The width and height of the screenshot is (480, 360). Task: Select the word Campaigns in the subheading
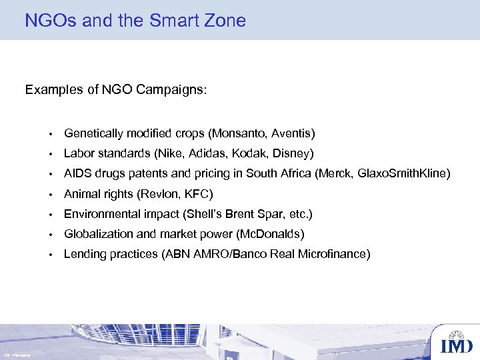[x=173, y=90]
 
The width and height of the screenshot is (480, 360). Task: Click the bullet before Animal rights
[x=50, y=195]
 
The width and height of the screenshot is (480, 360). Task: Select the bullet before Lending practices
[x=50, y=255]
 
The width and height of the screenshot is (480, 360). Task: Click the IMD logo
[x=457, y=343]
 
